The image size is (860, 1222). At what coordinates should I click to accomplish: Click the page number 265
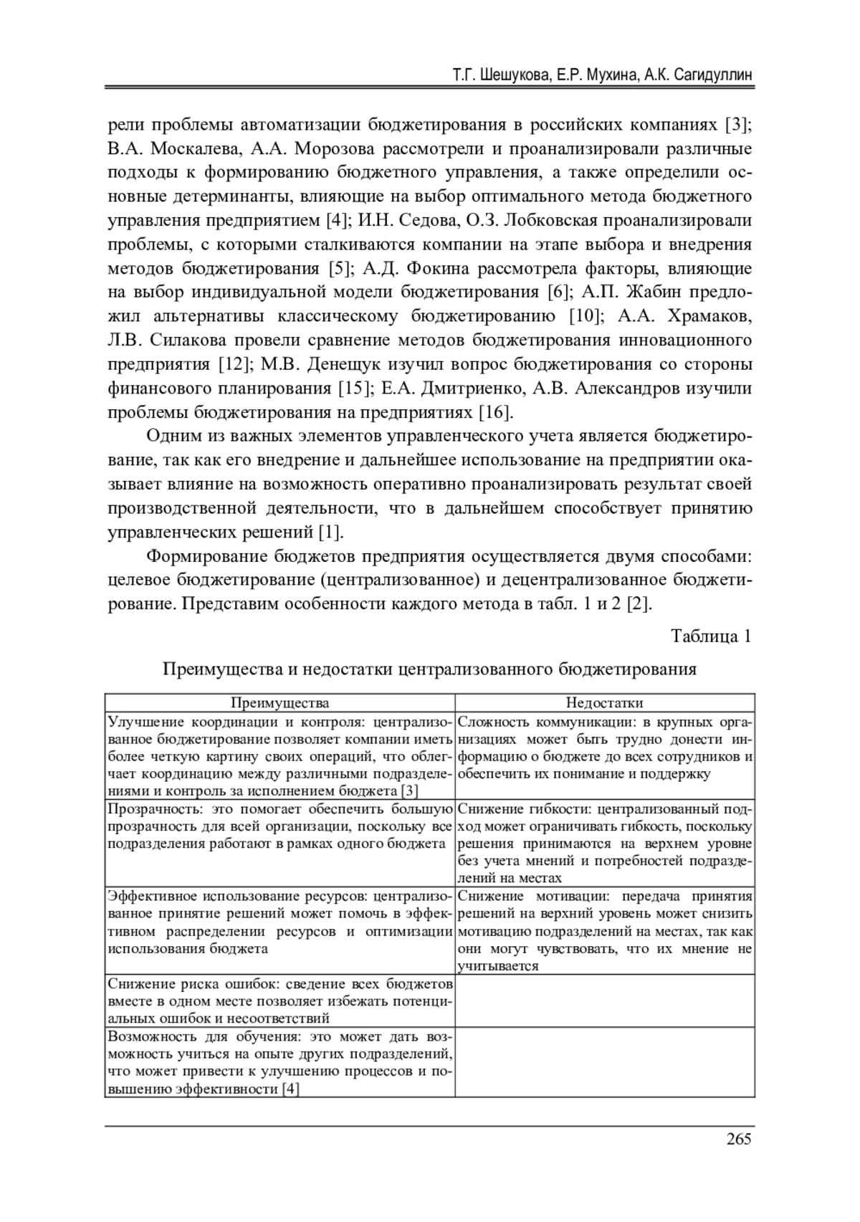738,1139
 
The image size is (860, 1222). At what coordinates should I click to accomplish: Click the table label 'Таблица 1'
711,636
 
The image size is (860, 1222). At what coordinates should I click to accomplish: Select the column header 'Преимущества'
279,703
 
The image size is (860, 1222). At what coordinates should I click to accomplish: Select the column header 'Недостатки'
604,703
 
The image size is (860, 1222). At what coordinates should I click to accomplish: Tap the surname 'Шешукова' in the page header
517,75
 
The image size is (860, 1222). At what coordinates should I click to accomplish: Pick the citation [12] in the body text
234,364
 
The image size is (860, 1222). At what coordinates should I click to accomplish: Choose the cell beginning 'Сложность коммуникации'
604,748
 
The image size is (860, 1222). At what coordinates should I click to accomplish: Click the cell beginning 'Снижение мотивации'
604,930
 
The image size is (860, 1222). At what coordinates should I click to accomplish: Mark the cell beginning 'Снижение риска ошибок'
279,1001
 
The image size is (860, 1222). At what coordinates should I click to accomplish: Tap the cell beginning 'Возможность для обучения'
279,1062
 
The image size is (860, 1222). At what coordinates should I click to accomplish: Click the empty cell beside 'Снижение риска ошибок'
604,1001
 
